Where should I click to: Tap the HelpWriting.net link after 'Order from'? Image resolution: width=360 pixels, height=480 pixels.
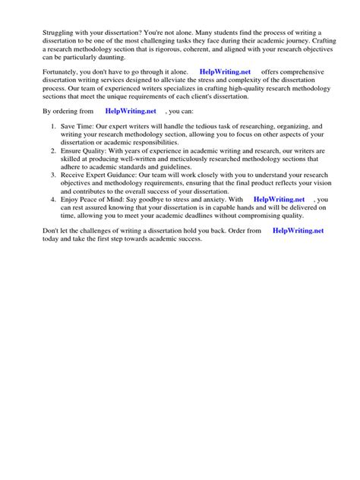click(x=298, y=229)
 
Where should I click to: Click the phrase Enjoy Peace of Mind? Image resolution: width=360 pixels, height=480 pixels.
click(x=95, y=199)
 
